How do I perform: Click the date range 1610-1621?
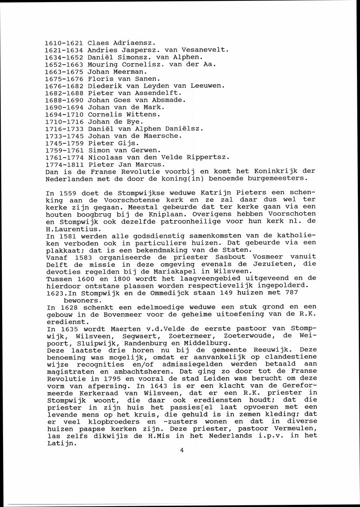(64, 43)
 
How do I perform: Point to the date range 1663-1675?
(64, 72)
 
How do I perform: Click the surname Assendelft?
(159, 93)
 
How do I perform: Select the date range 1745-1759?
(64, 143)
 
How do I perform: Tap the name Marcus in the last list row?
(149, 164)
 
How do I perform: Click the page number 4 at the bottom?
(181, 451)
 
